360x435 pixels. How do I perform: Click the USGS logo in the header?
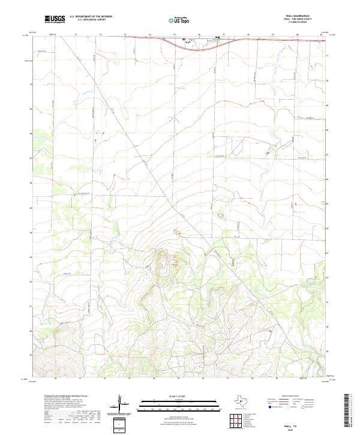pos(55,20)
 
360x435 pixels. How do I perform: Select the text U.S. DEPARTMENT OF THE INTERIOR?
pos(91,17)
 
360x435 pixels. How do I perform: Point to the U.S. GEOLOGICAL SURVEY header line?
pos(91,20)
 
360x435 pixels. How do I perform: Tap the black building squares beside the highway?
pos(218,39)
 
